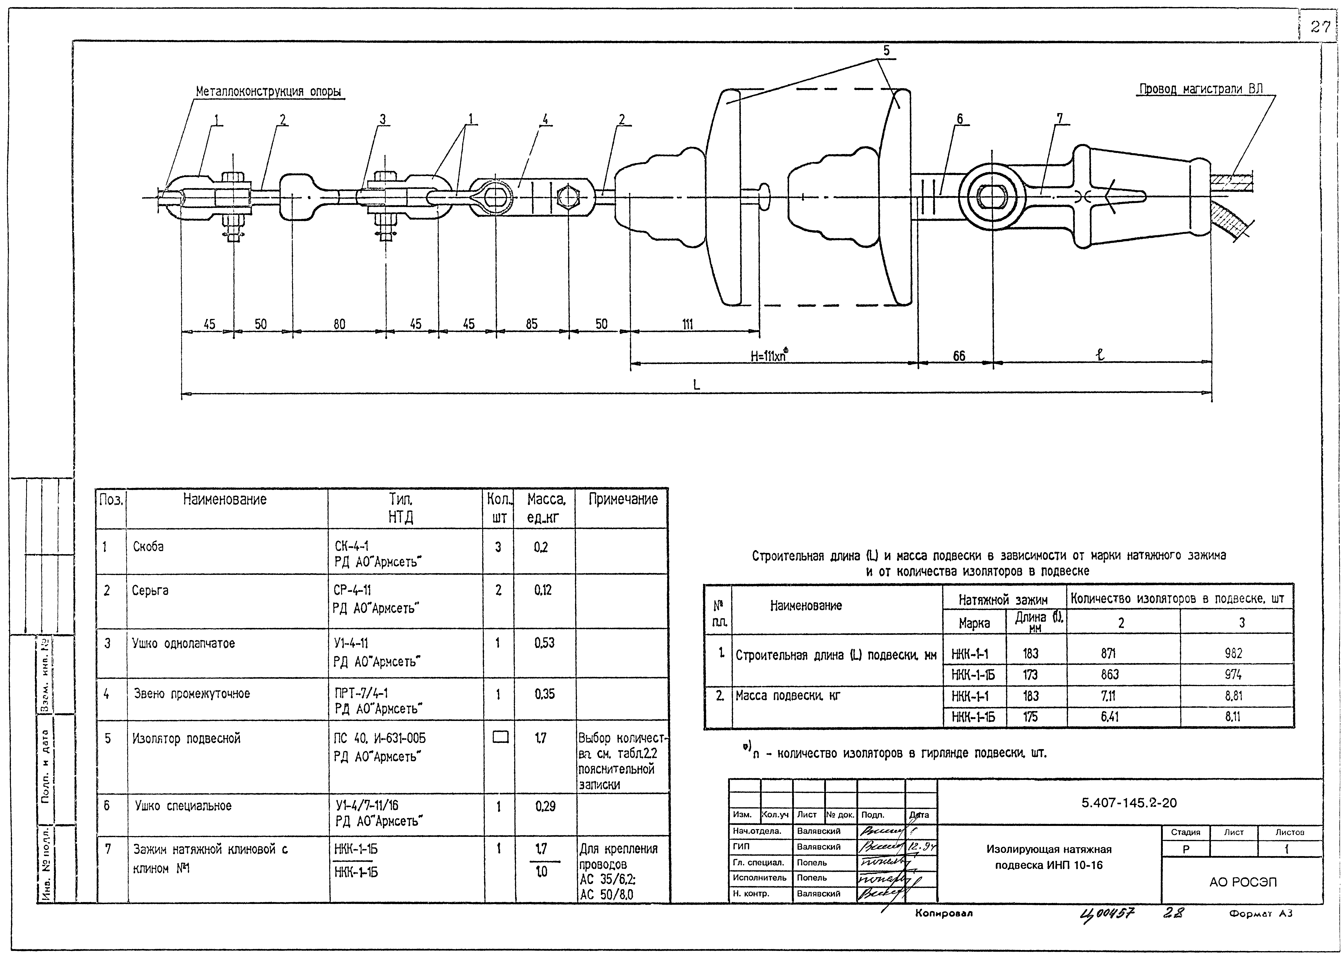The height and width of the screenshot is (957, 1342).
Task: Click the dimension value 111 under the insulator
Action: [687, 324]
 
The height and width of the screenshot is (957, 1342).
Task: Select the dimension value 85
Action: [532, 324]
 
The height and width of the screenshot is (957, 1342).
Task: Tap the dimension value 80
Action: [340, 324]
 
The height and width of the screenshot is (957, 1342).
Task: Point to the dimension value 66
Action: [959, 356]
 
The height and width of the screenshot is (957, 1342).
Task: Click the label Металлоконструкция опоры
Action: [268, 92]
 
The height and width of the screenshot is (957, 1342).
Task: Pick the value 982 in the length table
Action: [1233, 653]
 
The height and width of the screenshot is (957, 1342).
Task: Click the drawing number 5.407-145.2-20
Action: [1129, 803]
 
